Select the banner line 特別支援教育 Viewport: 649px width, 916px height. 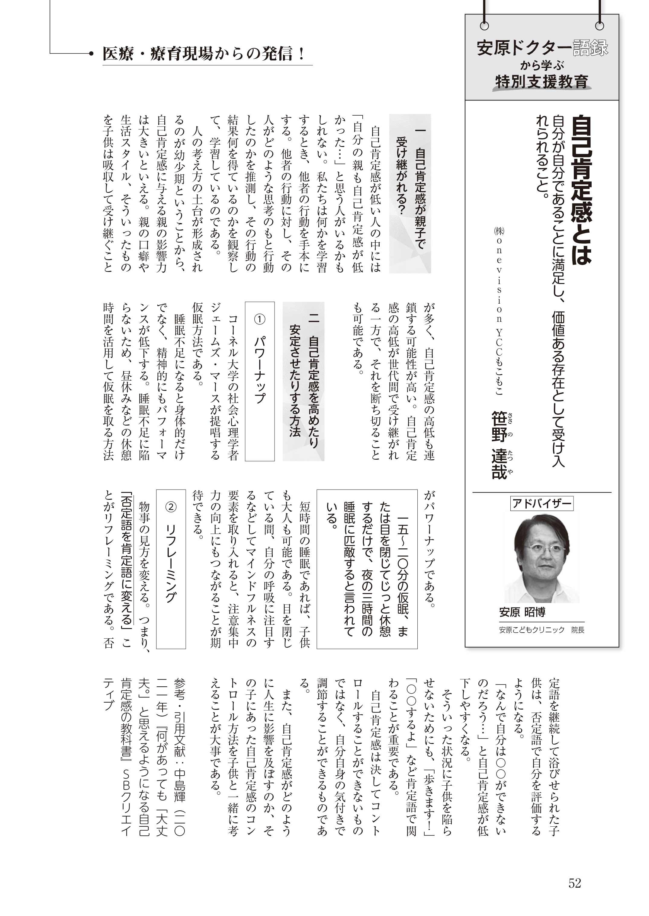(x=541, y=81)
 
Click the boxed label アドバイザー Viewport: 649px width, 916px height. (x=541, y=503)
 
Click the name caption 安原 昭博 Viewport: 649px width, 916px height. (x=522, y=612)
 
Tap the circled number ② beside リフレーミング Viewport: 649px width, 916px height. (x=171, y=507)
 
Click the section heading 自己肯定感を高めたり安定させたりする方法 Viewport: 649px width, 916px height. (x=304, y=381)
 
